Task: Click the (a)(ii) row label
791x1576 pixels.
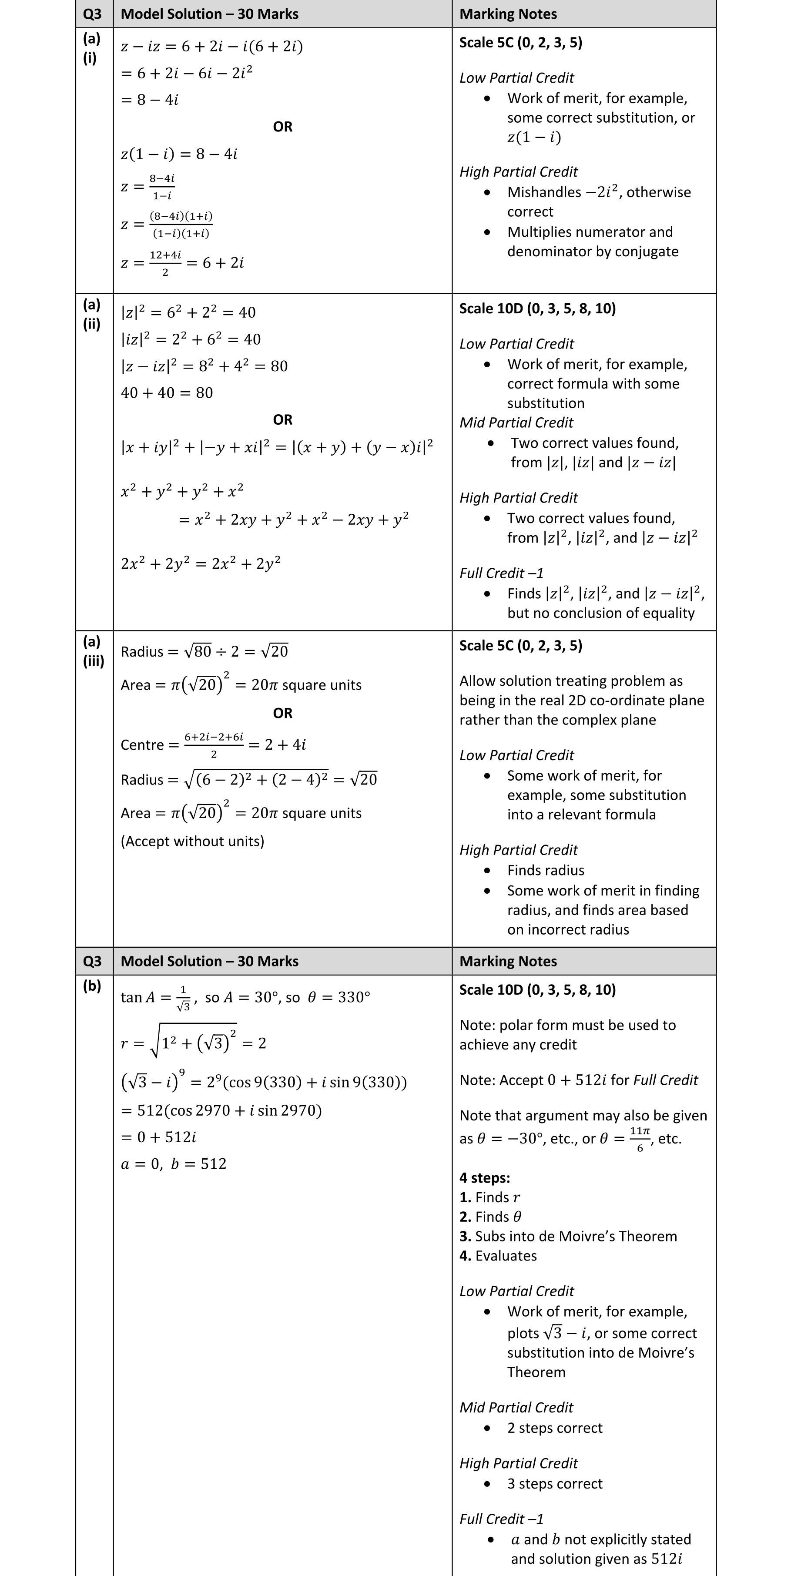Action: (92, 314)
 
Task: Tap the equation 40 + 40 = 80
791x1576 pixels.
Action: (167, 393)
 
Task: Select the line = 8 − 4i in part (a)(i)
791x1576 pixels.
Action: (150, 100)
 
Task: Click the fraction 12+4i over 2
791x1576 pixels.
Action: (165, 263)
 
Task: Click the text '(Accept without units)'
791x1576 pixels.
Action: (192, 841)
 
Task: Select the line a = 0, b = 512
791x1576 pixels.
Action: (174, 1164)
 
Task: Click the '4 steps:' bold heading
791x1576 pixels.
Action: (485, 1178)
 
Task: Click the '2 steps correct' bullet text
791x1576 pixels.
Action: (554, 1428)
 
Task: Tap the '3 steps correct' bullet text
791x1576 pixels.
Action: (554, 1484)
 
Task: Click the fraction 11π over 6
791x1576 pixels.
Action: (640, 1139)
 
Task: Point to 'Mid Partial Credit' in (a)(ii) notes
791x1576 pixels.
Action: (516, 423)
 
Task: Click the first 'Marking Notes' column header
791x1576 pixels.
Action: (508, 14)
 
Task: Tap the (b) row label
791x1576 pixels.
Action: (92, 986)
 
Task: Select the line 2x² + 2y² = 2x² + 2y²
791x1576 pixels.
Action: (201, 563)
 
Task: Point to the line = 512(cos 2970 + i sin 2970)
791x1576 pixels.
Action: (221, 1110)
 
